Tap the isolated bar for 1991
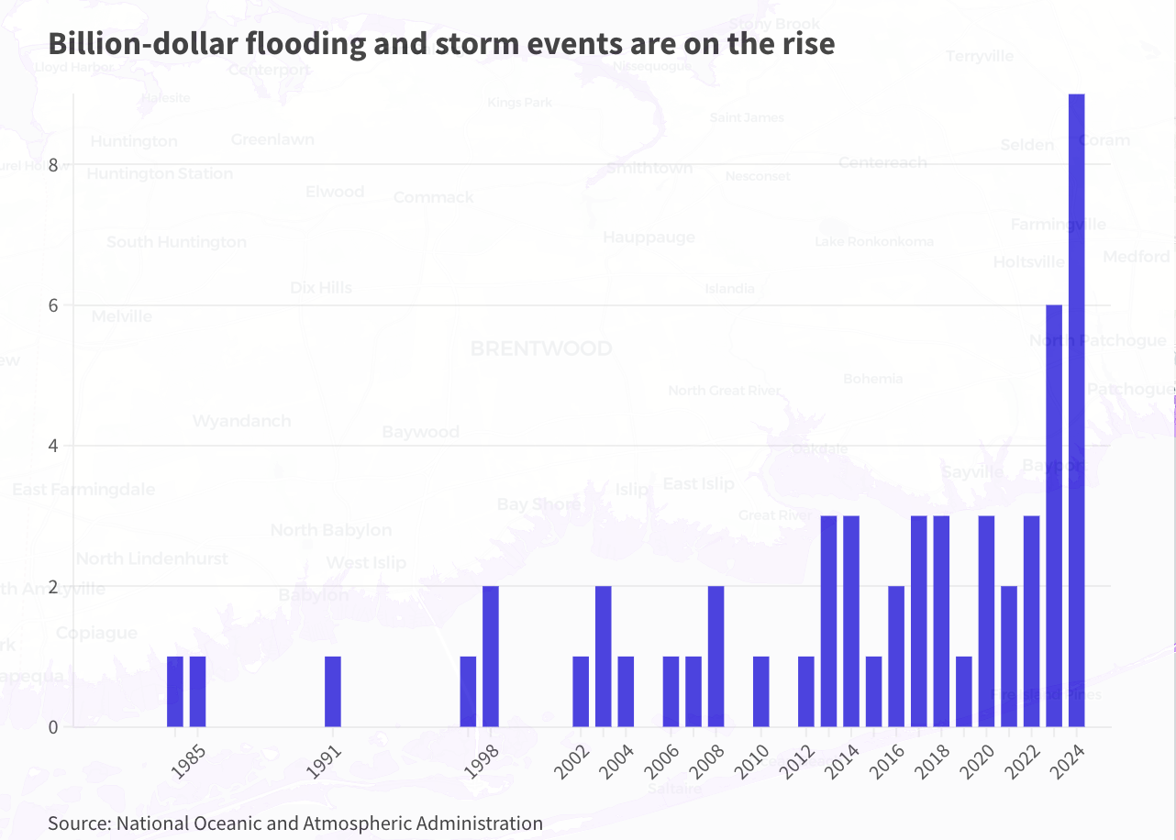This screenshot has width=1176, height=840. pos(333,691)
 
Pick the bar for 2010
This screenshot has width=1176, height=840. pos(760,691)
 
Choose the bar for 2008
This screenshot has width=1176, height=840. pos(716,657)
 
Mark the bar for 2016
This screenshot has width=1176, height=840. pos(896,657)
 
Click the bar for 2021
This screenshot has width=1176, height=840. pos(1009,657)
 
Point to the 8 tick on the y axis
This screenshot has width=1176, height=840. pos(53,165)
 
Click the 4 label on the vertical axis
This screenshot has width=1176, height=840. pos(53,447)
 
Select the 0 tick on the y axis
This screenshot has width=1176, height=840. pos(53,728)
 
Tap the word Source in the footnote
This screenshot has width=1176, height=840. pos(77,823)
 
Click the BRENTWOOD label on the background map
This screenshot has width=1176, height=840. pos(541,349)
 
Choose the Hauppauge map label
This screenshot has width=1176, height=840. pos(649,238)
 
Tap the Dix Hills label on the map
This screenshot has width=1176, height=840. pos(321,288)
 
